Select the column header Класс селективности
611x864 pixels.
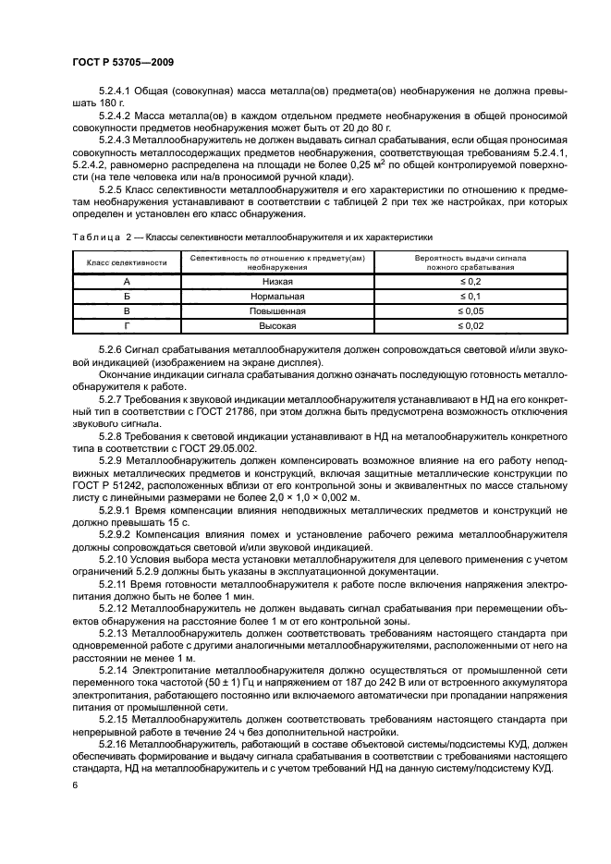click(x=127, y=263)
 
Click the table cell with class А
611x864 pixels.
click(x=127, y=280)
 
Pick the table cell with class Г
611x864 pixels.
click(x=127, y=326)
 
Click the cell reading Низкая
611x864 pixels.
click(x=277, y=280)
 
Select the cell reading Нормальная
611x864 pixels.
click(x=277, y=296)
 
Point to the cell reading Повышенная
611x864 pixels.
click(x=277, y=311)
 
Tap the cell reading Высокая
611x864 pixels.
click(x=277, y=326)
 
